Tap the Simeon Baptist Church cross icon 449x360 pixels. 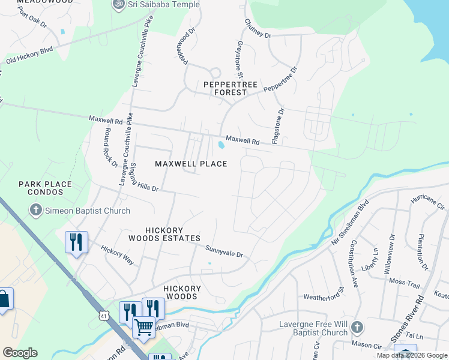point(35,211)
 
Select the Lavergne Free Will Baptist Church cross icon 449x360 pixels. point(357,328)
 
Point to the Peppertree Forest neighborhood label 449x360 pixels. point(224,88)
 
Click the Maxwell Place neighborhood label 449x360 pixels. point(191,164)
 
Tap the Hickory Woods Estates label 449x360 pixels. point(172,234)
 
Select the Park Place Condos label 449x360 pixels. point(45,188)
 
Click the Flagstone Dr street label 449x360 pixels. point(277,126)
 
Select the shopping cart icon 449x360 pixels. point(143,328)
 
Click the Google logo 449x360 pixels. point(19,353)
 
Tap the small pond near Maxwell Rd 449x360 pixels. point(221,145)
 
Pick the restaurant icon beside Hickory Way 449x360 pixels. point(76,242)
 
